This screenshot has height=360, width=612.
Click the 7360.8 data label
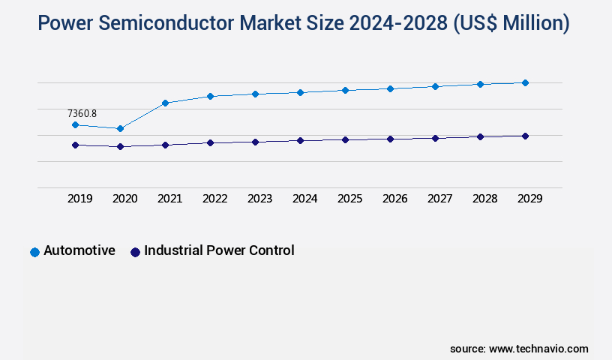(82, 113)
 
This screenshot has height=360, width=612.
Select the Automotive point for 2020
(120, 129)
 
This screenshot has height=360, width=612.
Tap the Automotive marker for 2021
(165, 103)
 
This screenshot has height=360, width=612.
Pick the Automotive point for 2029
(525, 82)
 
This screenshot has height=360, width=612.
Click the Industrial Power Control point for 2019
(75, 145)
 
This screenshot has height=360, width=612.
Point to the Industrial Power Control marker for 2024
(300, 140)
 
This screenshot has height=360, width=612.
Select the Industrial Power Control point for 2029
(525, 136)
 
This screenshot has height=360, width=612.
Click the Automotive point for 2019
(75, 124)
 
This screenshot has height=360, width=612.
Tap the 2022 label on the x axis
(214, 199)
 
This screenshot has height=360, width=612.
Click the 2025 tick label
(349, 199)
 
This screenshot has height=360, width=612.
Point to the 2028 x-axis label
(484, 199)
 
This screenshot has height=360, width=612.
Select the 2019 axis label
(79, 199)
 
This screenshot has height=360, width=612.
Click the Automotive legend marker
(34, 252)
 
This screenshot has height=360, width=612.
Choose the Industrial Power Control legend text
(219, 250)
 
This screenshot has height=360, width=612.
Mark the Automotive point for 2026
(390, 88)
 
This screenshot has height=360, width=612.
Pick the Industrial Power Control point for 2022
(210, 142)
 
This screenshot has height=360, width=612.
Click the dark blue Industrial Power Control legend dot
(135, 252)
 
